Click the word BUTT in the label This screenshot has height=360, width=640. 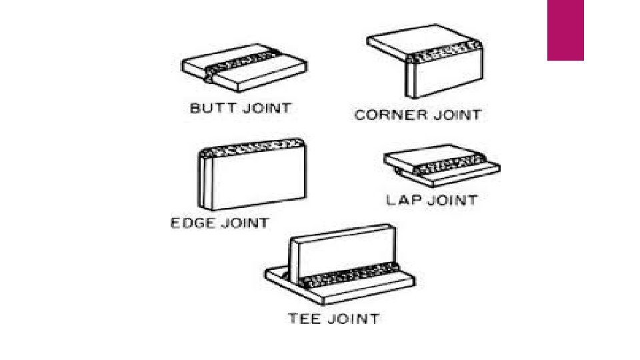pyautogui.click(x=209, y=108)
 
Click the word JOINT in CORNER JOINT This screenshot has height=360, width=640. pyautogui.click(x=455, y=115)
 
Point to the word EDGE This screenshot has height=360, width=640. pyautogui.click(x=191, y=223)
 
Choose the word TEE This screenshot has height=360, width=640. pyautogui.click(x=304, y=318)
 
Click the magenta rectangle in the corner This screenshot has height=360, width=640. pyautogui.click(x=565, y=30)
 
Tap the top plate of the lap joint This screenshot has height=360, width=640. pyautogui.click(x=433, y=155)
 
